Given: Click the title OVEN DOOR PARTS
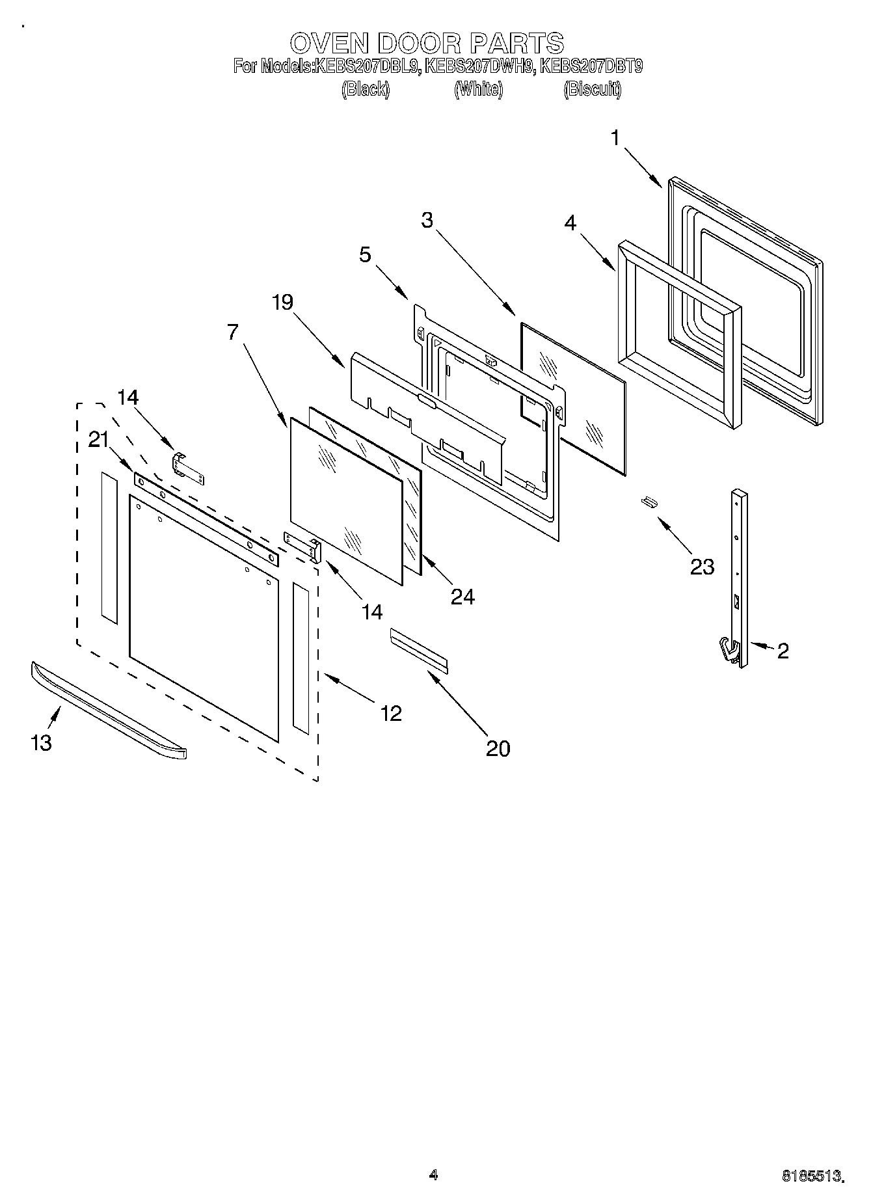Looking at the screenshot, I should pos(426,44).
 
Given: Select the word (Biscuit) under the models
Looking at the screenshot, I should pos(592,89).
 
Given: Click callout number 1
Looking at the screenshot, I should pos(615,138).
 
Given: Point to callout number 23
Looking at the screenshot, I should pos(702,567).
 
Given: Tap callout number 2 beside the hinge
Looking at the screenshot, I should pos(783,650).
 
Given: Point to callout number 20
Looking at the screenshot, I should pos(498,748).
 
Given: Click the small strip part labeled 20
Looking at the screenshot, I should pos(419,649).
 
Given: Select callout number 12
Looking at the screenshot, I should pos(390,714).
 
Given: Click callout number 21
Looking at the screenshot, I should pos(98,440).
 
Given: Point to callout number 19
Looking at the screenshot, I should pos(283,302).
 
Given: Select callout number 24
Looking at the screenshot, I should pos(462,596).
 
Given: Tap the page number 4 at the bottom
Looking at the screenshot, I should pos(434,1174).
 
